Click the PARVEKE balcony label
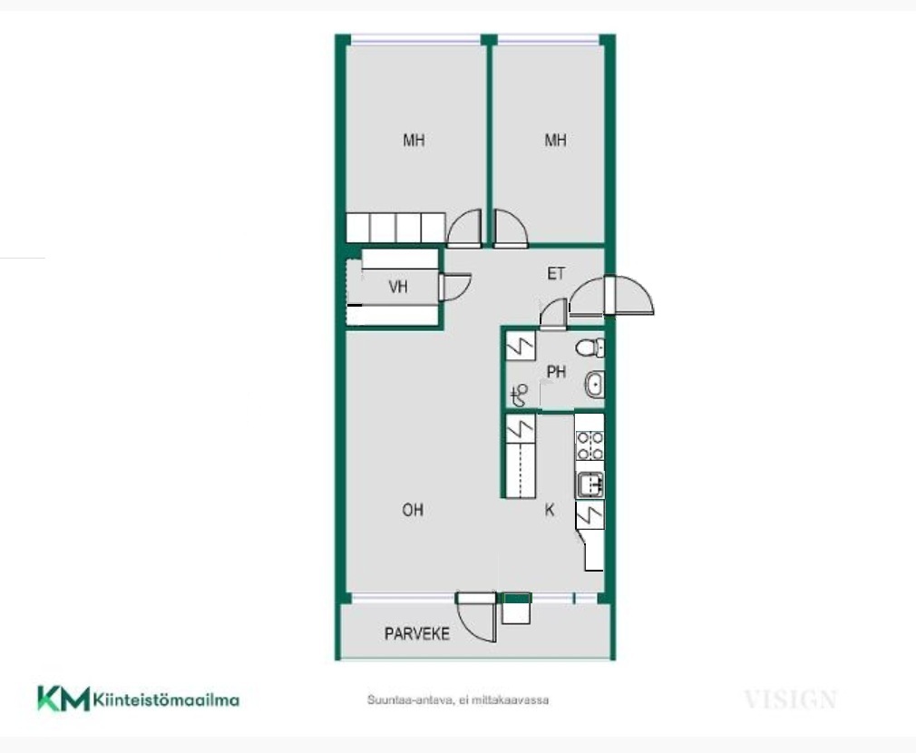point(416,634)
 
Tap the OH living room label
point(413,510)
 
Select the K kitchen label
point(549,510)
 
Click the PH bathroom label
point(556,372)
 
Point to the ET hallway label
point(556,273)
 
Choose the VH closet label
point(398,287)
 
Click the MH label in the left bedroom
point(414,141)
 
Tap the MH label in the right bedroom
point(555,141)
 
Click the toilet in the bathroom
point(590,348)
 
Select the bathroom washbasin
point(594,385)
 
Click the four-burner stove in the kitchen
point(590,445)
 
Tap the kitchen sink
point(590,484)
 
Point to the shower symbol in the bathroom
point(519,396)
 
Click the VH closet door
point(454,287)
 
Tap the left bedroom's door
point(463,226)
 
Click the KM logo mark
point(63,698)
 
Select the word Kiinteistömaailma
point(167,699)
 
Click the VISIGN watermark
point(791,699)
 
